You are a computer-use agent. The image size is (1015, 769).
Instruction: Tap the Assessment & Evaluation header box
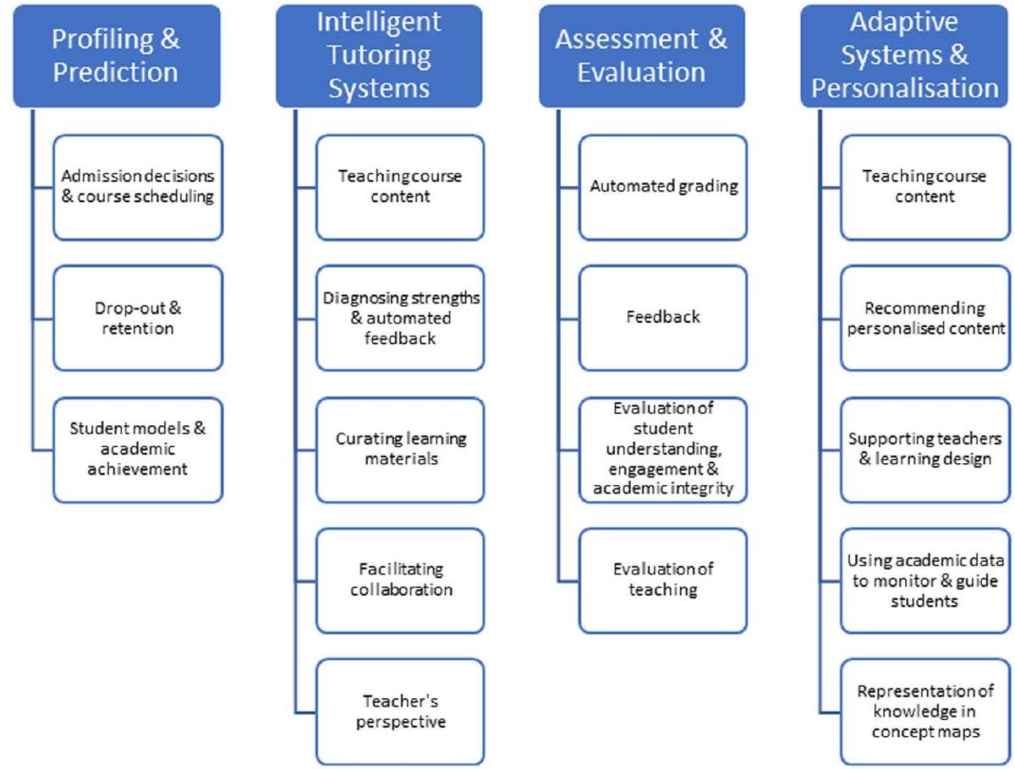point(642,56)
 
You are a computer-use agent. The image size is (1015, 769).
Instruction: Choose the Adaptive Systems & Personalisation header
point(905,56)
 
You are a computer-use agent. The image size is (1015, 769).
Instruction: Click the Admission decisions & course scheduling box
point(138,187)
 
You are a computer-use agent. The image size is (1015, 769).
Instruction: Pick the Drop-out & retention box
point(138,318)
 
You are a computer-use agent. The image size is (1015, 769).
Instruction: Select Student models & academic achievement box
point(138,448)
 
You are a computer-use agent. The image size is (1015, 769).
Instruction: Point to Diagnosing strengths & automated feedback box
point(400,318)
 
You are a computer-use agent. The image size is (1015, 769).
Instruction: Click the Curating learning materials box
point(400,449)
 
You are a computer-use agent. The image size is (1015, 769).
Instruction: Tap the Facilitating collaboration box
point(400,580)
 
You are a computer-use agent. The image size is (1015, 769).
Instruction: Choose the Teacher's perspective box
point(400,712)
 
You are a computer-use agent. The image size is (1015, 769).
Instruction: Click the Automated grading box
point(662,187)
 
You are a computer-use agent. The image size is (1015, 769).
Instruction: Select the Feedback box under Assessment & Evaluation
point(662,318)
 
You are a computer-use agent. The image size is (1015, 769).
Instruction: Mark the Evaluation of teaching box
point(662,580)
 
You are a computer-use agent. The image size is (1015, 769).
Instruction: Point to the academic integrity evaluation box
point(662,449)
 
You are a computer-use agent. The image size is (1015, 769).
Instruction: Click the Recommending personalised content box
point(924,318)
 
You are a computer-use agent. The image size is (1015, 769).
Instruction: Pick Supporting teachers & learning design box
point(924,449)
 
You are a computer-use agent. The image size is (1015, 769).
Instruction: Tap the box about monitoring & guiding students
point(924,580)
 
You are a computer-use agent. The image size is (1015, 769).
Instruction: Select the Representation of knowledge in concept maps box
point(924,712)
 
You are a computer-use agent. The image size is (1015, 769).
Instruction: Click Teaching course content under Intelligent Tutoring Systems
point(400,187)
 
